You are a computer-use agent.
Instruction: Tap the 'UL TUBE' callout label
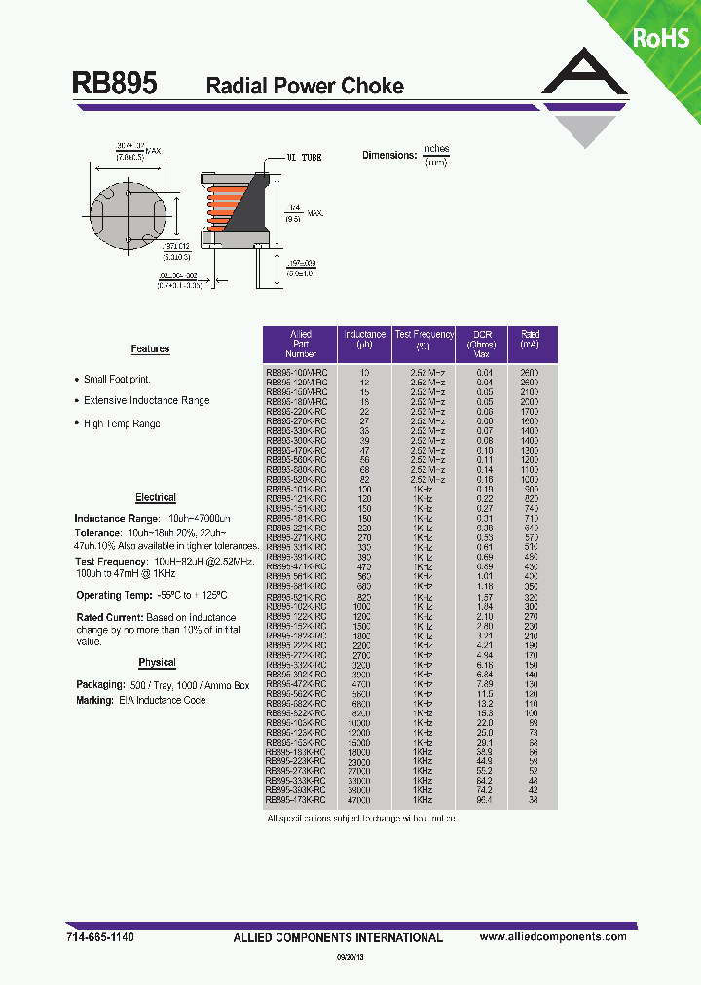[x=304, y=157]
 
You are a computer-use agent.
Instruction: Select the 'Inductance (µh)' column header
[x=364, y=339]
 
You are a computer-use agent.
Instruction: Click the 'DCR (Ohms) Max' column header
[x=482, y=344]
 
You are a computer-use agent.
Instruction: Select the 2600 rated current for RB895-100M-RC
[x=529, y=373]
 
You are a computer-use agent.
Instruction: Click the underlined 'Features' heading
[x=150, y=348]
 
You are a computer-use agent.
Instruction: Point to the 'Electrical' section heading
[x=156, y=497]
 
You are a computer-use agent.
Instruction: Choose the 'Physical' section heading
[x=157, y=663]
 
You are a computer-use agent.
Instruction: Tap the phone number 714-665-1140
[x=101, y=936]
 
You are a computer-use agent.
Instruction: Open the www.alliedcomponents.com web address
[x=553, y=936]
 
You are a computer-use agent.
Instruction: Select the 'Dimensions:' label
[x=388, y=156]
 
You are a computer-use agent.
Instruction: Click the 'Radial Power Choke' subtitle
[x=305, y=87]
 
